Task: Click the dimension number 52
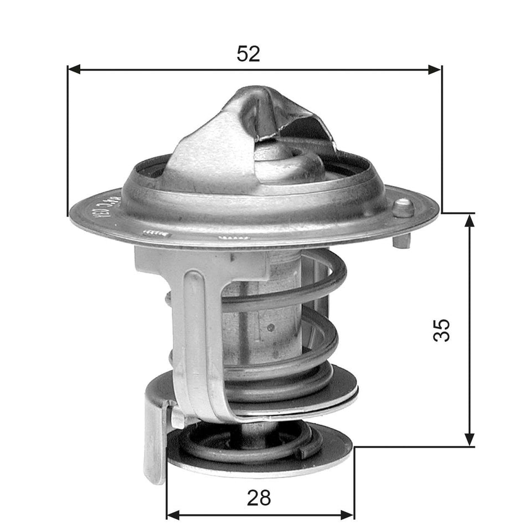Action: (248, 53)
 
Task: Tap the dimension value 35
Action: (442, 330)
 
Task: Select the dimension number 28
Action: (259, 497)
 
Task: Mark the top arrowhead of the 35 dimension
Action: (470, 220)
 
